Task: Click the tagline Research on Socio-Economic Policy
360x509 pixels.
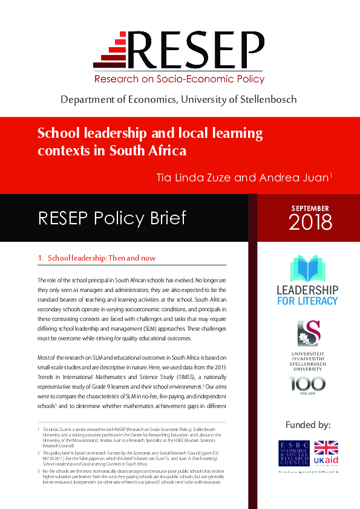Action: click(x=179, y=79)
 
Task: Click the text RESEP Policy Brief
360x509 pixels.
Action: click(x=112, y=218)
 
